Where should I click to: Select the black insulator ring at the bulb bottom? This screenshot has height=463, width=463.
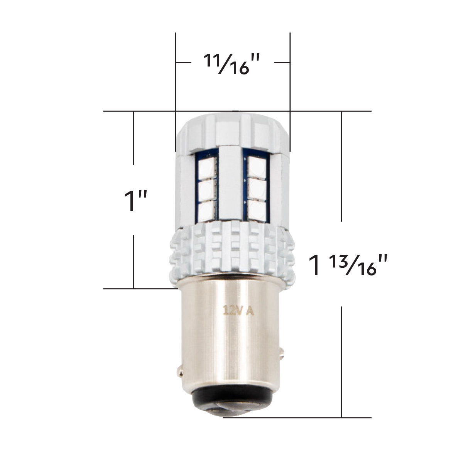click(x=231, y=401)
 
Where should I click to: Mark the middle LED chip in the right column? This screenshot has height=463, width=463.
click(x=256, y=189)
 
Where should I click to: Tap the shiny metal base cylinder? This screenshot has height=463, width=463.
click(x=231, y=340)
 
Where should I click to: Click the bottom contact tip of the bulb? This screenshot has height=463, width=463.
click(x=232, y=414)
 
